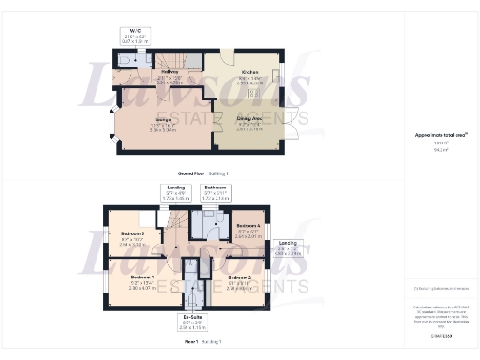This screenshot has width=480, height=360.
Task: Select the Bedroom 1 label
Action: (141, 280)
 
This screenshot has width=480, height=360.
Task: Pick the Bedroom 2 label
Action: (240, 280)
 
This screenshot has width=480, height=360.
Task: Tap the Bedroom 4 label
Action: (247, 230)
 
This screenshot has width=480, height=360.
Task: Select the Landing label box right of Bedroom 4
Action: (288, 249)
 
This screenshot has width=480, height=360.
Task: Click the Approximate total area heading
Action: (435, 136)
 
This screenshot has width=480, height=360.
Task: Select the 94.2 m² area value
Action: (435, 149)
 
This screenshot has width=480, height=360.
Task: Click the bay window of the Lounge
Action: (112, 126)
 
